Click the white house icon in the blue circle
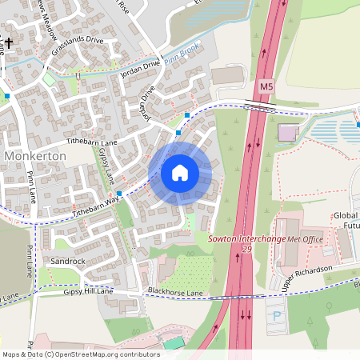click(180, 173)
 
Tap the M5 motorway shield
click(266, 86)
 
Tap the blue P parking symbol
click(277, 314)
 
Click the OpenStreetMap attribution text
click(80, 354)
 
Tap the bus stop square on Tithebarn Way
click(119, 194)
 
